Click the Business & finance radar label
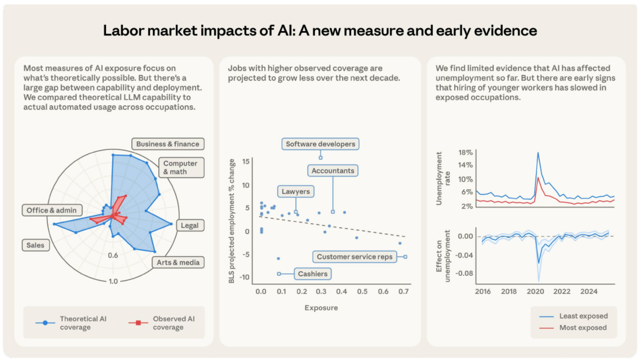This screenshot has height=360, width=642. coord(168,144)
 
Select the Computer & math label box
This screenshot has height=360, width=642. coord(181,167)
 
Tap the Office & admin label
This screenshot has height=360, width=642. coord(52,210)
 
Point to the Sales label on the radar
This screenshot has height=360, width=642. coord(36,245)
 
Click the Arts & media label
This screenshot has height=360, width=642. coord(178,262)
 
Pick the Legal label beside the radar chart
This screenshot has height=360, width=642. coord(190,225)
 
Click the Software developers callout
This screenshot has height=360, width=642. coord(320,144)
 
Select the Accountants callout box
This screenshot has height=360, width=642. coord(333,171)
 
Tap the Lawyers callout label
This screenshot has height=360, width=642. coord(296,192)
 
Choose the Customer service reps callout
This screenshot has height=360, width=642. coord(354,257)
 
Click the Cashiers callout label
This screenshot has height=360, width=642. coord(313,274)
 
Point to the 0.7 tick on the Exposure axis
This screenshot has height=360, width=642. coord(403,291)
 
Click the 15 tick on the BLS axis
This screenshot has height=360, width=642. coord(246,161)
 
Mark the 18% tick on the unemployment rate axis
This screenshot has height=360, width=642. coord(465,152)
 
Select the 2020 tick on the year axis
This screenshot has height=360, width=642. coord(535,291)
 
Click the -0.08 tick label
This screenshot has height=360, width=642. coord(464,273)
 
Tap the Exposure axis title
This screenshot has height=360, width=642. coord(321,308)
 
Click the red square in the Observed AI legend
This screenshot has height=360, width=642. coord(138,322)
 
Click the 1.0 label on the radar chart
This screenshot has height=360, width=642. coord(113,281)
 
